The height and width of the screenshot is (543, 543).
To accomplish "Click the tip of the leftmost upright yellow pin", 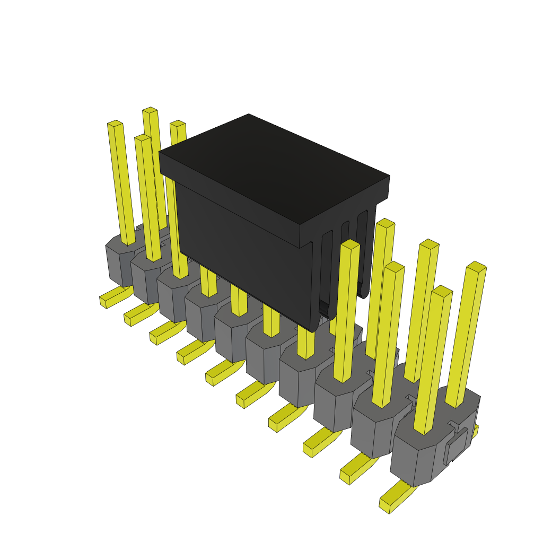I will [x=115, y=124].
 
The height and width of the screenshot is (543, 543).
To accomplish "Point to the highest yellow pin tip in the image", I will [x=150, y=110].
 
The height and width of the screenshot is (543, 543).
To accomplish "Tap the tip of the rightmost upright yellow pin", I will [x=476, y=267].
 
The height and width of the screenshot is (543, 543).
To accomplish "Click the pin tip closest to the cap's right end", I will [x=386, y=223].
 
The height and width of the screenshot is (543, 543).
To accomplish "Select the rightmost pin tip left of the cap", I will [x=178, y=124].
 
